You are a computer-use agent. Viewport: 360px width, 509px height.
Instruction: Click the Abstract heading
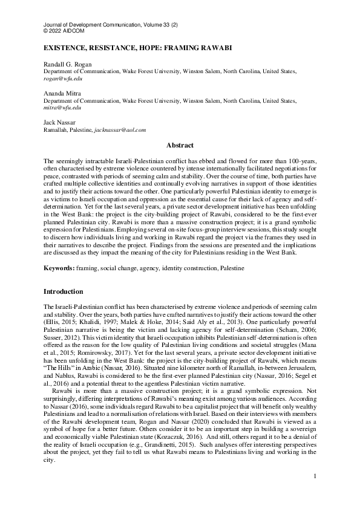(x=180, y=145)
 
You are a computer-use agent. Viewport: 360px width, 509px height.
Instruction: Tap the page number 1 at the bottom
(x=315, y=493)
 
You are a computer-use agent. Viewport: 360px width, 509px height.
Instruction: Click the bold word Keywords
(x=59, y=267)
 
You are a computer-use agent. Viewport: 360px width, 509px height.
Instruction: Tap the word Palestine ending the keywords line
(x=232, y=267)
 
